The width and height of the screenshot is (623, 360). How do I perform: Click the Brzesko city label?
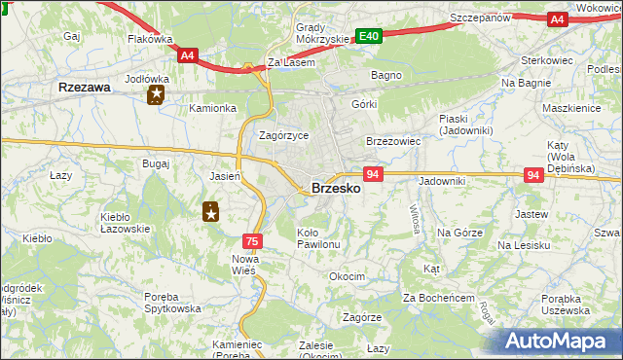point(336,189)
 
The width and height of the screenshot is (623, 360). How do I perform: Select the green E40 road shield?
point(368,36)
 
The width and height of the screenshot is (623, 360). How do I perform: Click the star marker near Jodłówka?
point(156,95)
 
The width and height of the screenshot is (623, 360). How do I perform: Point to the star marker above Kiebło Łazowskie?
point(210,210)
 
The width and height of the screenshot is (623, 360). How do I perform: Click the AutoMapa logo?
point(559,340)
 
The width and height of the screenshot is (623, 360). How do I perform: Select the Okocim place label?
point(347,276)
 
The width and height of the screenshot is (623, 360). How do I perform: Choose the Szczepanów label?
point(482,18)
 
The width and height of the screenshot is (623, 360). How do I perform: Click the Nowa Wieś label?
point(243,265)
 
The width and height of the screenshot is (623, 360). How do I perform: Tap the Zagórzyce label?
point(283,135)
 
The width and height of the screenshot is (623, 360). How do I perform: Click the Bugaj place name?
point(156,163)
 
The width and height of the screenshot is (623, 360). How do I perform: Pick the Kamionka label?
point(213,108)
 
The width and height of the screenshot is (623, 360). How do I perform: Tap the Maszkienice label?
point(571,108)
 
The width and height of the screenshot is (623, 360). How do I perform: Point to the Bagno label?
point(386,74)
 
